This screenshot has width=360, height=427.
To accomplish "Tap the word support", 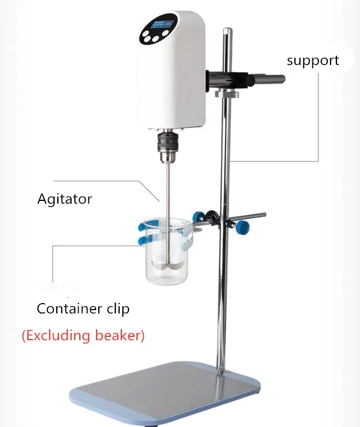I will point(312,60).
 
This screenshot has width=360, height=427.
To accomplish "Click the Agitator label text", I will point(64,198).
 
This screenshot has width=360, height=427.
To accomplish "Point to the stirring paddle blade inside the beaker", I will point(165,264).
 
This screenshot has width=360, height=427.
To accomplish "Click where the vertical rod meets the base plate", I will point(222,371).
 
